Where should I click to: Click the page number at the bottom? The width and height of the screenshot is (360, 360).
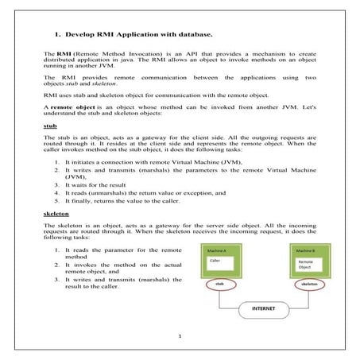180,336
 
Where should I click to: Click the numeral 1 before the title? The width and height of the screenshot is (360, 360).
57,35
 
